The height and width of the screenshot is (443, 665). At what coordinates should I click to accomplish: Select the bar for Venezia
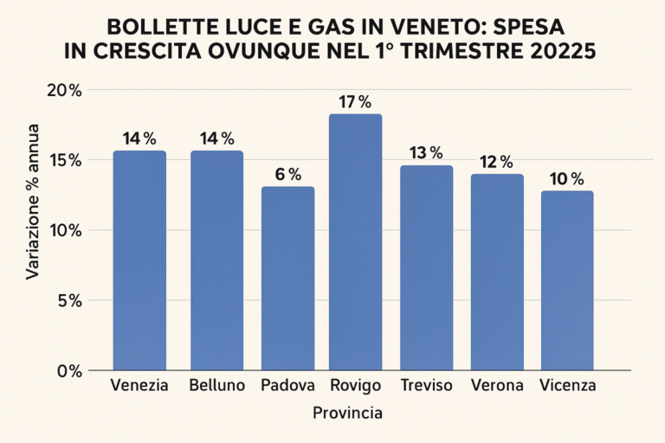pyautogui.click(x=139, y=260)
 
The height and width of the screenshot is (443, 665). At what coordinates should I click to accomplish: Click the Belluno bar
pyautogui.click(x=217, y=260)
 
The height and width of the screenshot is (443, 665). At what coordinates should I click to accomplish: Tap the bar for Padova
pyautogui.click(x=288, y=277)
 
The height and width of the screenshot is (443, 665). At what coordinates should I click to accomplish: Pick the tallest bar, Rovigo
pyautogui.click(x=355, y=242)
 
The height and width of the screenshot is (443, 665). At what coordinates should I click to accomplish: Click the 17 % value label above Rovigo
pyautogui.click(x=354, y=101)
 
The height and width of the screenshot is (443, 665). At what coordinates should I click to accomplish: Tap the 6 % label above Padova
pyautogui.click(x=288, y=175)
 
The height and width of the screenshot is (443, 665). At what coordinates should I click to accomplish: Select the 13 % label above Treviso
pyautogui.click(x=425, y=153)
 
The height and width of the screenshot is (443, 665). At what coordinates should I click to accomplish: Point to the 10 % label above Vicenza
pyautogui.click(x=566, y=179)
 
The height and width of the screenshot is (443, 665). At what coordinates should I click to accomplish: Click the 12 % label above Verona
pyautogui.click(x=496, y=162)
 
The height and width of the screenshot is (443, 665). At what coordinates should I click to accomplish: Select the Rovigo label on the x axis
pyautogui.click(x=354, y=385)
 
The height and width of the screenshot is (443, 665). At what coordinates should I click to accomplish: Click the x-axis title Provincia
pyautogui.click(x=346, y=414)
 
